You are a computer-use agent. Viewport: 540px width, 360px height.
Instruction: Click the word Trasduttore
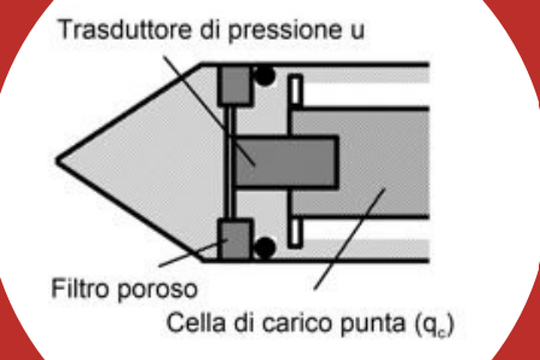124,29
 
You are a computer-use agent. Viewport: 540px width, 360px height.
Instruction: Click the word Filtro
82,288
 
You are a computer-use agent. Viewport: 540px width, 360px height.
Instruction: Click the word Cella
196,322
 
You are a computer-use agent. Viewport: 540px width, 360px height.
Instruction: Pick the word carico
298,323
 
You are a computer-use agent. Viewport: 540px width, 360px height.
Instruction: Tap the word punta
373,325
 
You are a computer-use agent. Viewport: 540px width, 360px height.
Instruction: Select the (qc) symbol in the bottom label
433,326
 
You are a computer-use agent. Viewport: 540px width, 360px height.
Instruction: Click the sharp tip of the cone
57,161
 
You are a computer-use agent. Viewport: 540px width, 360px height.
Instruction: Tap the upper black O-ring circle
264,75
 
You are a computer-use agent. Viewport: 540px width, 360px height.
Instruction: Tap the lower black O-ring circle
264,247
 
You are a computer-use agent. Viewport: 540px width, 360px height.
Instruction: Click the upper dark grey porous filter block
236,85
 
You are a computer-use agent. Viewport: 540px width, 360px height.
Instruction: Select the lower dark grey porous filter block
236,240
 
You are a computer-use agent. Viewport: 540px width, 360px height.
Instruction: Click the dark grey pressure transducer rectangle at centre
285,162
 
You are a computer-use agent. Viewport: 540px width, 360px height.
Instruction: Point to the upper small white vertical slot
295,90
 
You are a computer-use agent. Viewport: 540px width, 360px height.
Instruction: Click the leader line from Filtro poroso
193,254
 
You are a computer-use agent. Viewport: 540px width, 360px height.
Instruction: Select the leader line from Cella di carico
350,239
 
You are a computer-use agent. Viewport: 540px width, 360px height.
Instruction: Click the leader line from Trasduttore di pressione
209,111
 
